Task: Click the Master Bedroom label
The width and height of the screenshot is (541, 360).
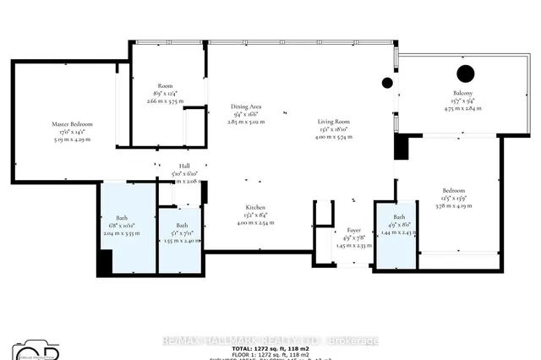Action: point(72,124)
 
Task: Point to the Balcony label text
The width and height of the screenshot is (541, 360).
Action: point(462,94)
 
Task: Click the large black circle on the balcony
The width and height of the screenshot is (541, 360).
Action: point(465,73)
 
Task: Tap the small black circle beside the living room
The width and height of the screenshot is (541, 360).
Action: point(387,83)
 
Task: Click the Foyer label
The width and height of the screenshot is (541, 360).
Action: point(354,230)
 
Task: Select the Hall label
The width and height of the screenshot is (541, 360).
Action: point(183,166)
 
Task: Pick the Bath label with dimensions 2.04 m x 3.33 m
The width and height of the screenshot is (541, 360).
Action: point(122,218)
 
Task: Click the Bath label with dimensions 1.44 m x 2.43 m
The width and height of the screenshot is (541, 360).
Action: point(396,217)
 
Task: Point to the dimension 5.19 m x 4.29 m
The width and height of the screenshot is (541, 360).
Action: point(72,139)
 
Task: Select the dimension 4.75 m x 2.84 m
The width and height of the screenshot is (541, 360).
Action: point(462,108)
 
